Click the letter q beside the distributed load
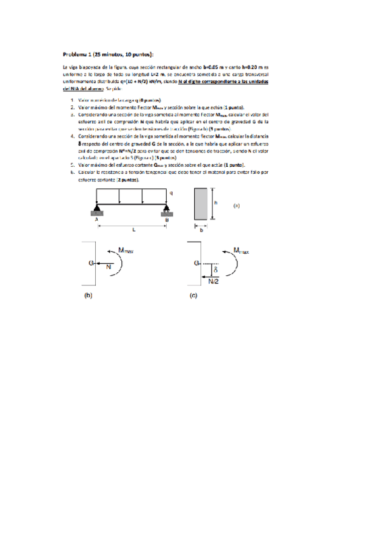[171, 193]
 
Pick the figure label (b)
[89, 295]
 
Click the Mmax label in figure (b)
[127, 251]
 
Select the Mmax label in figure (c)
[242, 251]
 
